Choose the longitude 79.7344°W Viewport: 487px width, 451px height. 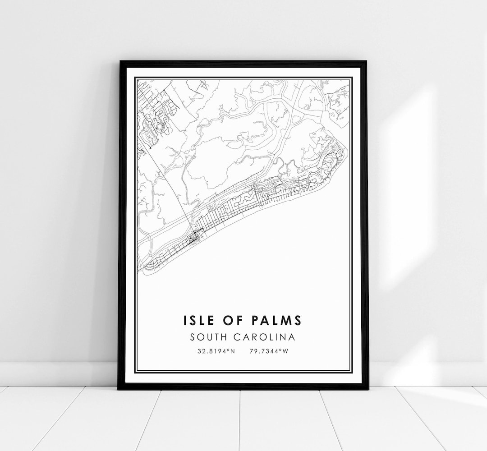pos(268,350)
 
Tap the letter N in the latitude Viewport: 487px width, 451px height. pos(233,350)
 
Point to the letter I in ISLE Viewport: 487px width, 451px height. pos(185,320)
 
